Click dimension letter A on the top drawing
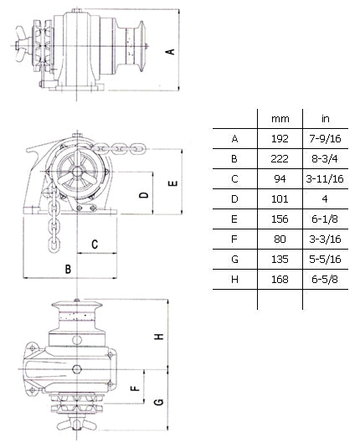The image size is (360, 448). click(171, 51)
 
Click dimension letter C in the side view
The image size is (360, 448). click(95, 245)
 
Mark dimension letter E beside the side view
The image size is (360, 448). click(172, 183)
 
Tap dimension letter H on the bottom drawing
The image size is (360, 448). click(158, 336)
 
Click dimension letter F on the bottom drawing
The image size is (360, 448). click(133, 389)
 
